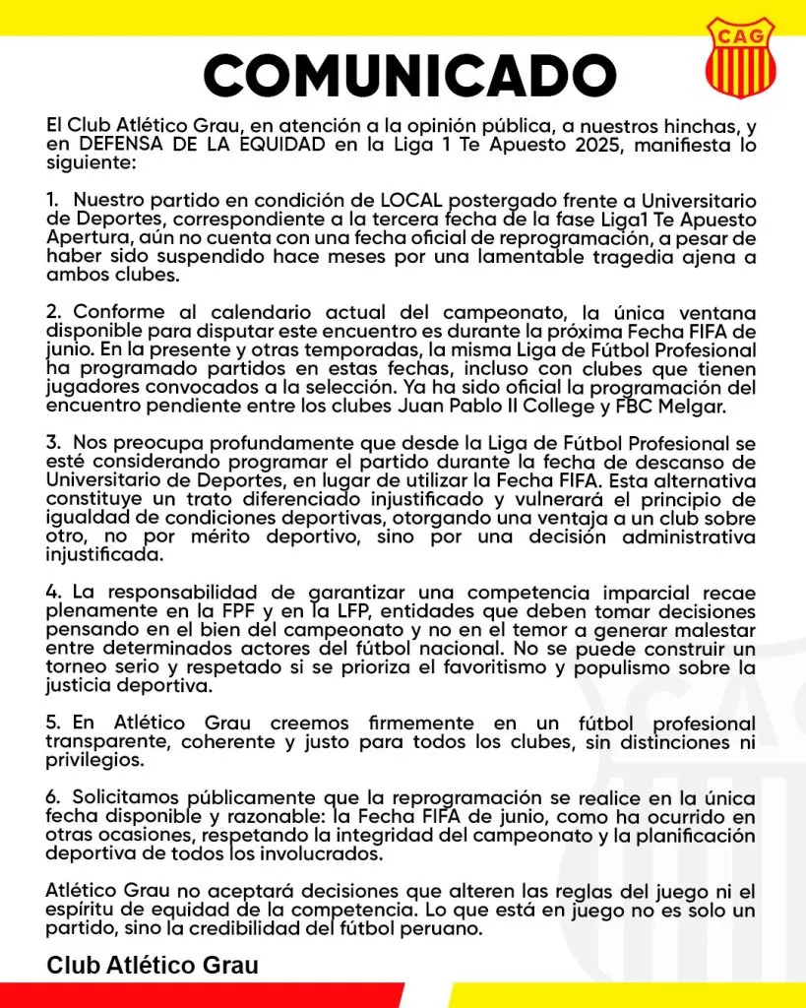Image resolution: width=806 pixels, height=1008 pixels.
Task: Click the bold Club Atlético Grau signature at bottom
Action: click(x=153, y=965)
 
